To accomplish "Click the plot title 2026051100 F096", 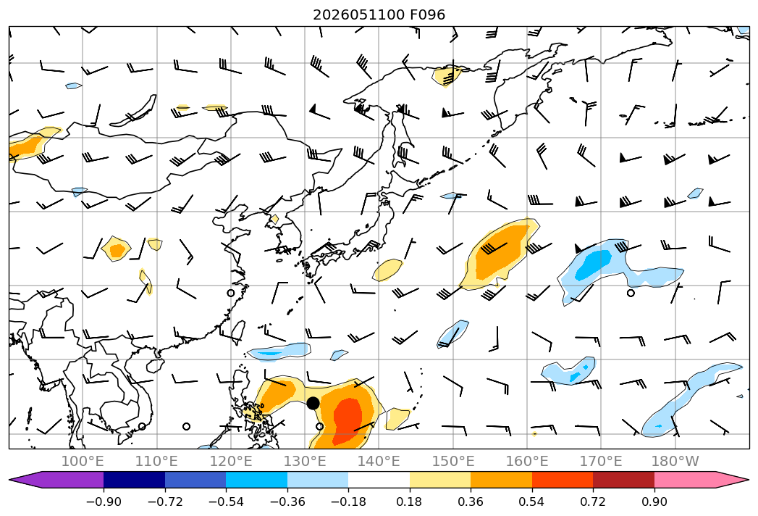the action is [x=379, y=14].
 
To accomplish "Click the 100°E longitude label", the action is [x=83, y=461].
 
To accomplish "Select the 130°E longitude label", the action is [x=305, y=461].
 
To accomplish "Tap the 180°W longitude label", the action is [x=675, y=461].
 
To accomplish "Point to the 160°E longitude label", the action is [x=527, y=461].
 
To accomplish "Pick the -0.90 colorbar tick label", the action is [x=104, y=502].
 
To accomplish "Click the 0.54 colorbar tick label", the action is [x=531, y=502].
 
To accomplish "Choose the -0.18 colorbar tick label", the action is [x=348, y=502].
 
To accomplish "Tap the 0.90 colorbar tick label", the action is [x=654, y=502].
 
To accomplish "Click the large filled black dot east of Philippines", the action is [x=313, y=403].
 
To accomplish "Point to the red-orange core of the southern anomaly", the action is [x=348, y=416].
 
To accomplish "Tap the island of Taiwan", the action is [x=237, y=333].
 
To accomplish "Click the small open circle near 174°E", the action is [x=631, y=293].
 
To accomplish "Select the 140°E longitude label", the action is [x=379, y=461].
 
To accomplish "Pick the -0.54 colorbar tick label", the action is [x=226, y=502].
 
